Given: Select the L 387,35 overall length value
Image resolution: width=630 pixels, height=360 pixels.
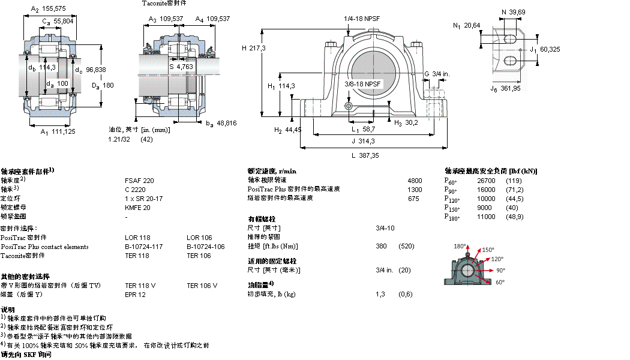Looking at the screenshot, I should [x=365, y=155].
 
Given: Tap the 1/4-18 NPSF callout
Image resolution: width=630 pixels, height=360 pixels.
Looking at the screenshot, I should [x=361, y=19].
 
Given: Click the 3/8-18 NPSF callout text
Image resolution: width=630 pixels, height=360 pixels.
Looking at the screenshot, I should [x=362, y=83].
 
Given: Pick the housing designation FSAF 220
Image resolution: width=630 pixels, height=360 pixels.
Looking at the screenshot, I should [x=139, y=181].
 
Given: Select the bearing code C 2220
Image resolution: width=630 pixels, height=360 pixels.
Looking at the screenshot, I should [x=136, y=190].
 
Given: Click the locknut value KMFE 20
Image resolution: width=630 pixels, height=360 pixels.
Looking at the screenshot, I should [x=137, y=208].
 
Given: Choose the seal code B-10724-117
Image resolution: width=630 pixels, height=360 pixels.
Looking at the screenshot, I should [x=144, y=247].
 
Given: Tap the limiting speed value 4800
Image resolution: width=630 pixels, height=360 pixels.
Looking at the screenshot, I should [x=415, y=181].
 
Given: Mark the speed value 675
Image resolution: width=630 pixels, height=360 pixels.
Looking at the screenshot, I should [x=413, y=199].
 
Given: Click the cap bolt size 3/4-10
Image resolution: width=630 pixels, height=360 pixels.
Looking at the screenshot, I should [x=385, y=229].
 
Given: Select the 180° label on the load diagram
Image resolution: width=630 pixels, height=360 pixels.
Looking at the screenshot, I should [x=460, y=247].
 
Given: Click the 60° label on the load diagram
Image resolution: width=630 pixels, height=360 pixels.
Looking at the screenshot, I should [x=499, y=281].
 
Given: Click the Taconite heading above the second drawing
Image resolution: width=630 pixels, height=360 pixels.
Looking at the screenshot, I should [x=164, y=3].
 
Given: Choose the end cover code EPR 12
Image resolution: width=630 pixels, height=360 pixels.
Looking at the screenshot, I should [x=135, y=295].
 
